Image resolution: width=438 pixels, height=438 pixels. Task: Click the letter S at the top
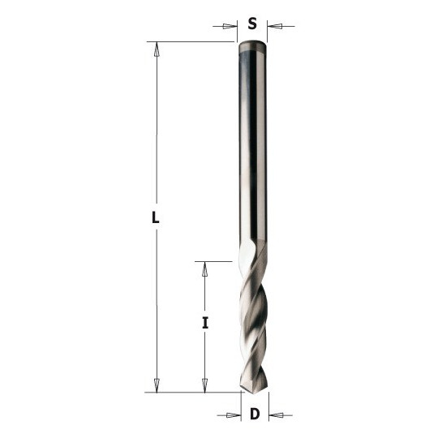252,24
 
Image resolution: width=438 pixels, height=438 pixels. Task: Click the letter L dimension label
155,217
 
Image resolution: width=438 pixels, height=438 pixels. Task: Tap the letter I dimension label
205,323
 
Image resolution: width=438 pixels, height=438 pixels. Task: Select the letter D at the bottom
255,414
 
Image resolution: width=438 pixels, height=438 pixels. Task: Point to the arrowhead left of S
230,27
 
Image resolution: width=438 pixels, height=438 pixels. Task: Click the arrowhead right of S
275,27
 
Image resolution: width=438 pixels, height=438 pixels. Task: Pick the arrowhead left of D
234,415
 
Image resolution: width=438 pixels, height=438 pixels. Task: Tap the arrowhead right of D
276,415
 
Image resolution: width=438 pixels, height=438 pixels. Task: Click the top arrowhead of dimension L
157,49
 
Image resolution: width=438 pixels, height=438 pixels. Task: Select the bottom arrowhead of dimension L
157,385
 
